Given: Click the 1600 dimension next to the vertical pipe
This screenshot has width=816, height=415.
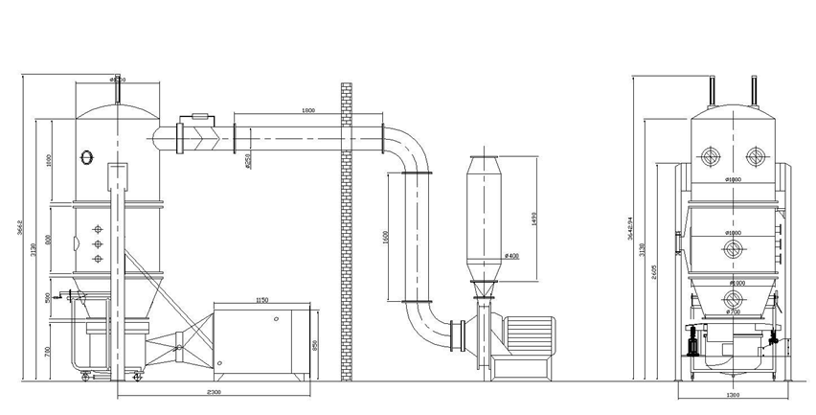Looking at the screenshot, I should coord(385,236).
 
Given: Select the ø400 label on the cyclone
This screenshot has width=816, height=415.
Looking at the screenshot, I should coord(511,255).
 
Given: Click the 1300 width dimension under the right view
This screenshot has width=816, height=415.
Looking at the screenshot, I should coord(733,394).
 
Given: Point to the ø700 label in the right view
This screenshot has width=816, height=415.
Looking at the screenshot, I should coord(734,311).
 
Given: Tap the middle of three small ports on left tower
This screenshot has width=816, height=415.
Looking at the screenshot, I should coord(96,244).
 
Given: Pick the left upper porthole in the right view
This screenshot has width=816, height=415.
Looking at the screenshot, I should coord(710,157).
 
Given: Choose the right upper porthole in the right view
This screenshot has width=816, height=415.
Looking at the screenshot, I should coord(755,157).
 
